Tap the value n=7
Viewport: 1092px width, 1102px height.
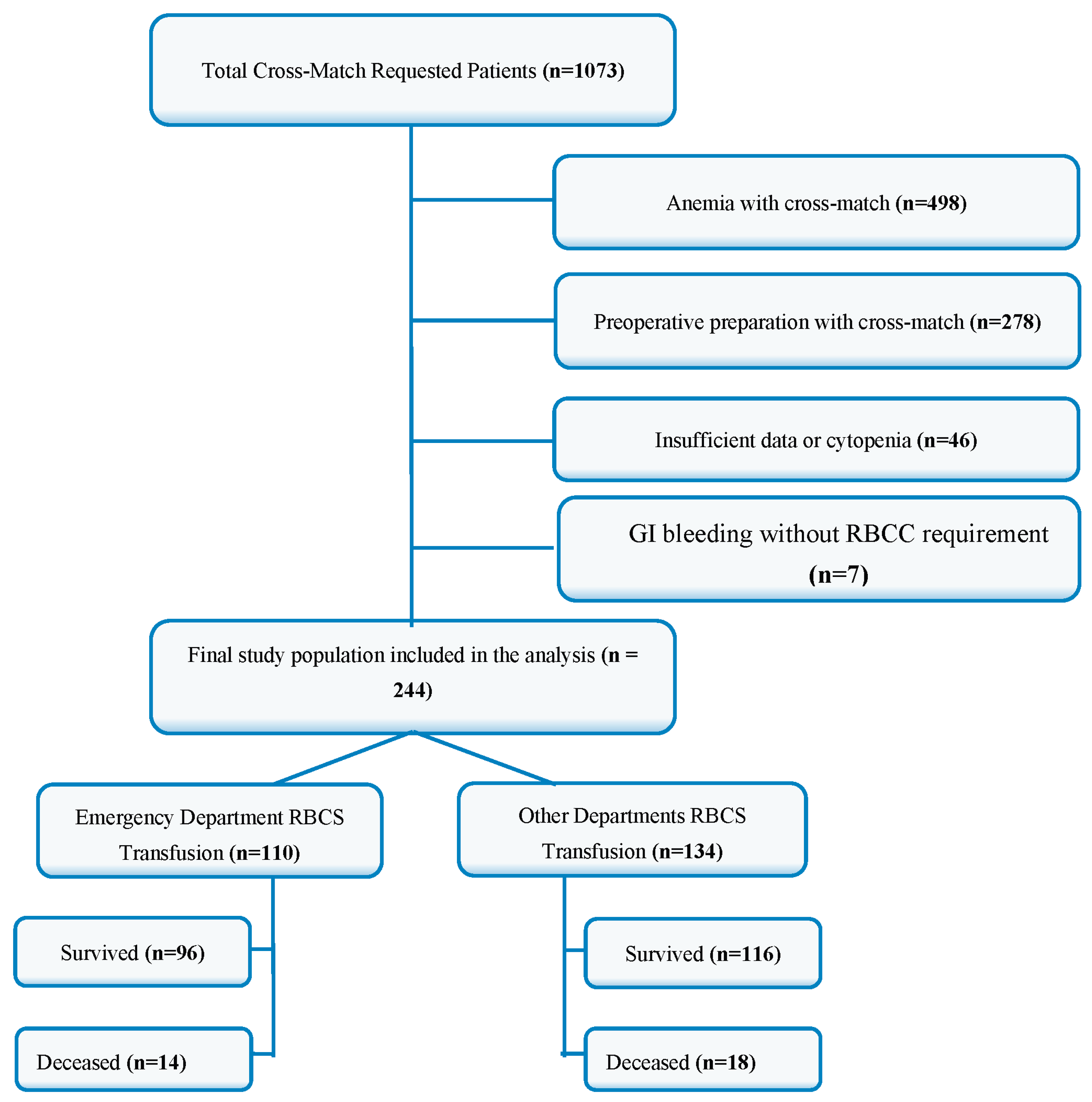click(x=838, y=574)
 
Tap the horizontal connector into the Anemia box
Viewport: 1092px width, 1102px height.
click(x=482, y=200)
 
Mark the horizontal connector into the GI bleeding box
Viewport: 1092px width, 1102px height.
click(x=482, y=548)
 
